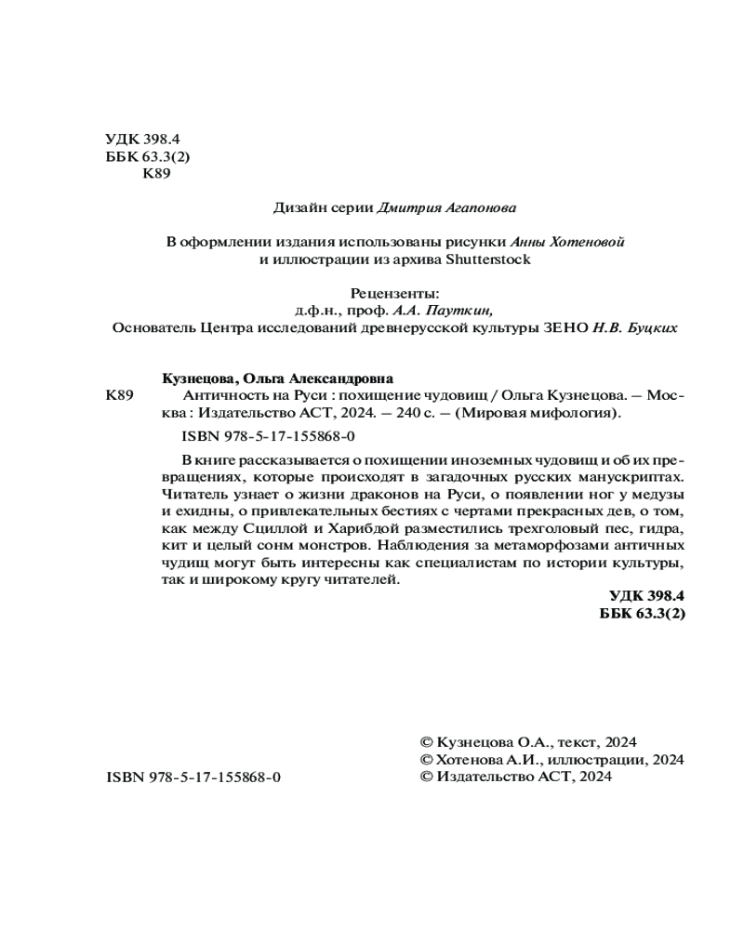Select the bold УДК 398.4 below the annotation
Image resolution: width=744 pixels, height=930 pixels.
646,596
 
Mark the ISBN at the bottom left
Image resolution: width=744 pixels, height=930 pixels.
193,777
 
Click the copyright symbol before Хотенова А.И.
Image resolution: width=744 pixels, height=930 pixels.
428,760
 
